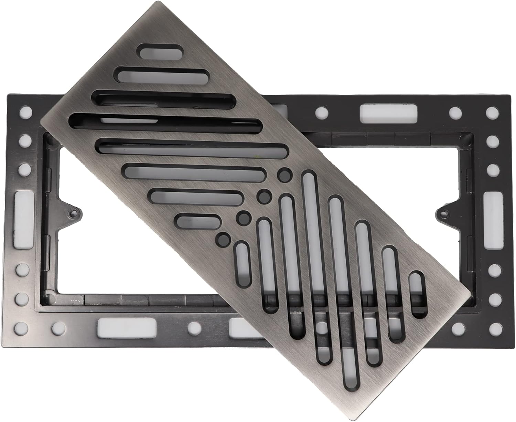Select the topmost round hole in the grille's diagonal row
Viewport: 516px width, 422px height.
point(284,175)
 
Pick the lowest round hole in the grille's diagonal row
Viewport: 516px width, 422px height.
point(223,239)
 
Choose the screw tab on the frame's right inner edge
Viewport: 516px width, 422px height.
point(444,213)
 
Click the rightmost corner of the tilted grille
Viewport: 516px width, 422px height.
point(470,295)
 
